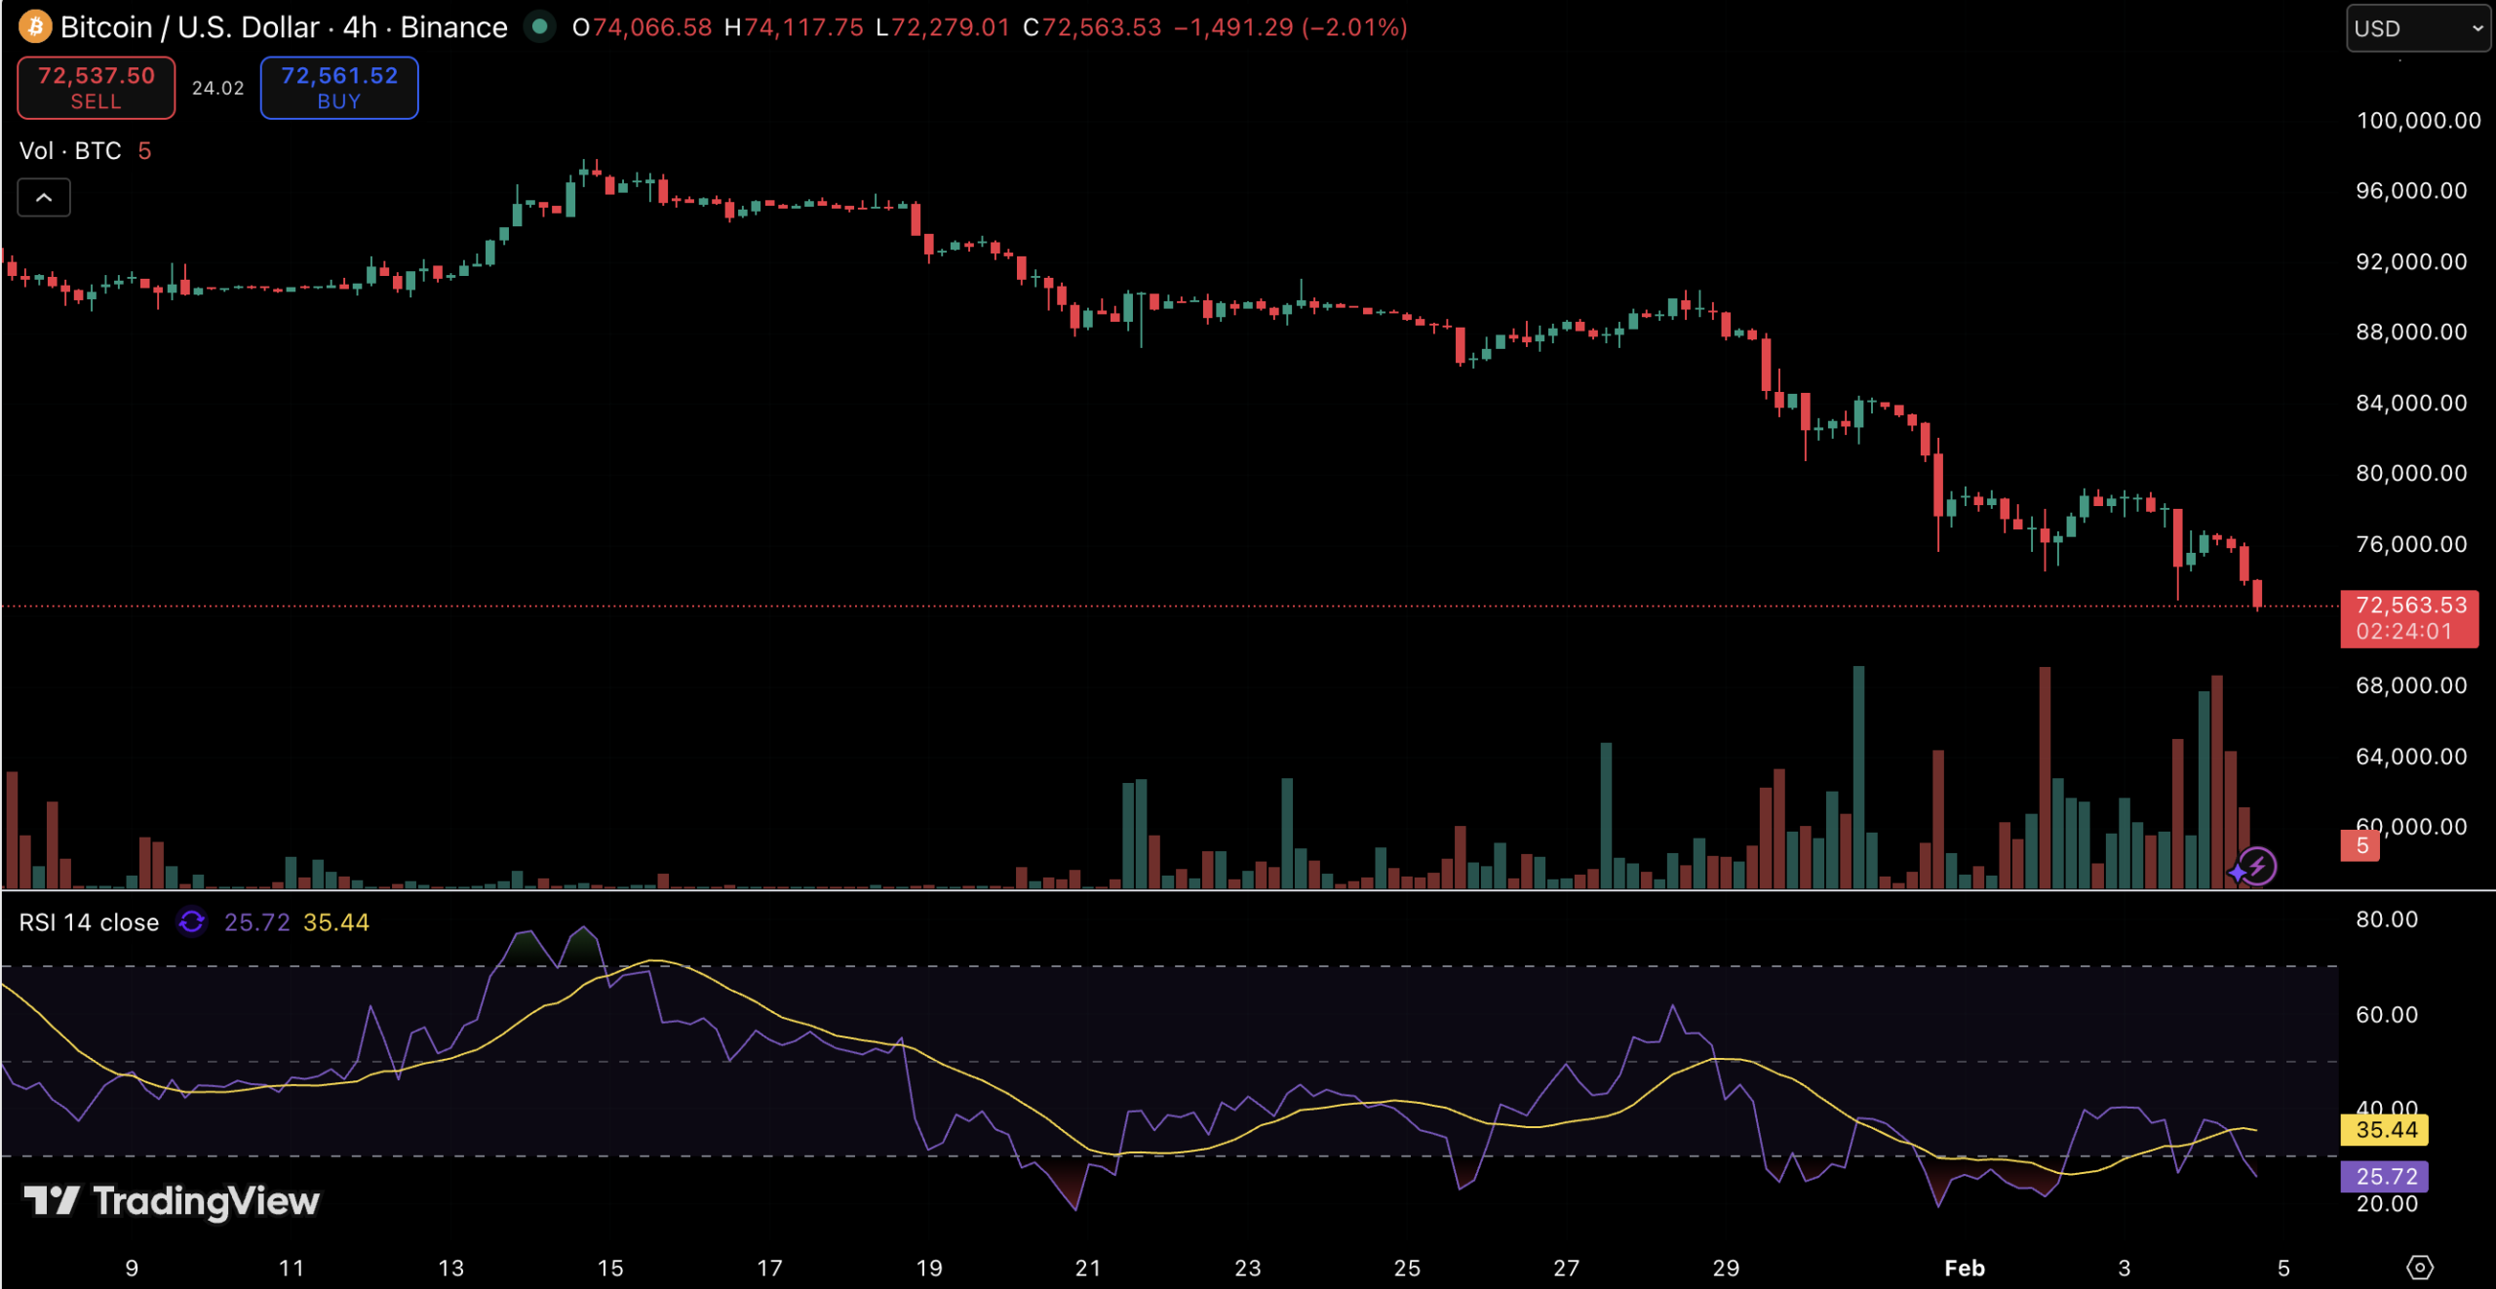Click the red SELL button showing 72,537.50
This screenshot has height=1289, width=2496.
pos(96,88)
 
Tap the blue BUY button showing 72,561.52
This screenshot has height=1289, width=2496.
pos(339,88)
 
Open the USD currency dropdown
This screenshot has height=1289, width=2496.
pos(2416,28)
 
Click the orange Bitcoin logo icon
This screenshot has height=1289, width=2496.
pos(35,26)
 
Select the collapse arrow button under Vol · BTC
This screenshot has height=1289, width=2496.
pos(44,198)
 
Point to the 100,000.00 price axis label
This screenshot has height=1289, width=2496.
pos(2418,121)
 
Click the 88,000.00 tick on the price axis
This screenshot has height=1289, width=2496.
pos(2411,332)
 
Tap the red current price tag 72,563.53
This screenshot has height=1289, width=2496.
pos(2409,618)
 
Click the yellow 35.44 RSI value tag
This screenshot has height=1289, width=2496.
pos(2385,1130)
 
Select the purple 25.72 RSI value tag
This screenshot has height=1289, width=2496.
pos(2385,1177)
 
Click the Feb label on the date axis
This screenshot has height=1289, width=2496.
pos(1965,1268)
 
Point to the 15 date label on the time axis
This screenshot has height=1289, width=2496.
pos(610,1268)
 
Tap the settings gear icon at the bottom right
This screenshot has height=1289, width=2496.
pos(2420,1268)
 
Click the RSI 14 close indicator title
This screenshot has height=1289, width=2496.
pos(89,922)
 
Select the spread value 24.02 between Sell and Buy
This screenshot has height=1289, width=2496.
pos(217,88)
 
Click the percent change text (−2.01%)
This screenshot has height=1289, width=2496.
pos(1354,27)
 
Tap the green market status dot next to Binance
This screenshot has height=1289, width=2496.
pos(539,26)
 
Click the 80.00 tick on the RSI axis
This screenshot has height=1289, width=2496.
pos(2387,919)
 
